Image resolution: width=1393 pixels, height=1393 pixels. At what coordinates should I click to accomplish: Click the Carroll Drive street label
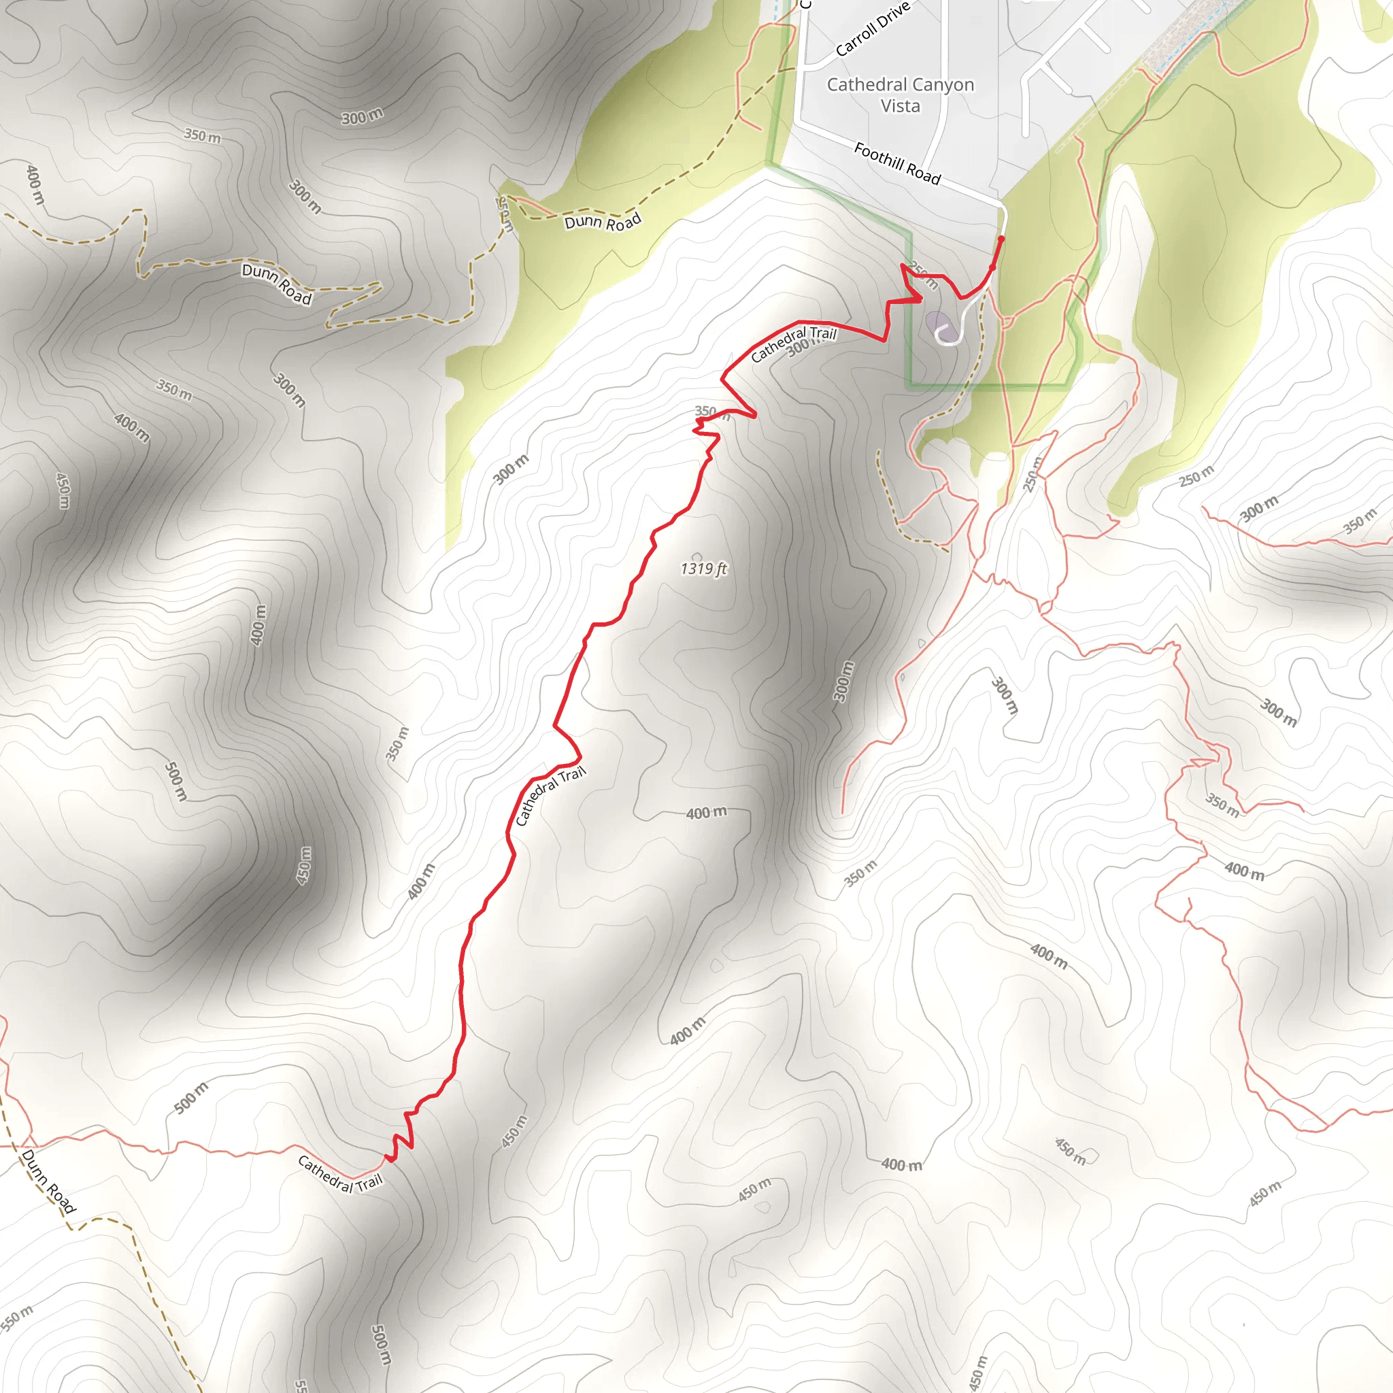pos(873,29)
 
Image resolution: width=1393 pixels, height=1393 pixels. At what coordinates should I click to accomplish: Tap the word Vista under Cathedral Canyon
pos(900,106)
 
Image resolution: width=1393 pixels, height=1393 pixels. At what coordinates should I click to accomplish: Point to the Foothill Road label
pos(897,163)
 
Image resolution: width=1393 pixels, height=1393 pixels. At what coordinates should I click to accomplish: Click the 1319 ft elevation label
pos(703,569)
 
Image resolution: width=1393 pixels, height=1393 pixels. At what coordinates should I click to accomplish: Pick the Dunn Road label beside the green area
pos(602,221)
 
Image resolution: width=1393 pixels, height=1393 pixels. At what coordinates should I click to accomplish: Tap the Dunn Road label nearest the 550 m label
pos(48,1181)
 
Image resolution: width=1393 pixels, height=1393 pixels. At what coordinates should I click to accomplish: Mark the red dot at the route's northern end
pos(1001,239)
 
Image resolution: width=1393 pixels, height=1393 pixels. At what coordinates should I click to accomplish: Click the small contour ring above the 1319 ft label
pos(696,556)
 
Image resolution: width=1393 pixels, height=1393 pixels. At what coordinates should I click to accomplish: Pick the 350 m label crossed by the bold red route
pos(711,413)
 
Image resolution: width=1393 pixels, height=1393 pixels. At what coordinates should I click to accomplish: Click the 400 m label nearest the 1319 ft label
pos(706,813)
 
